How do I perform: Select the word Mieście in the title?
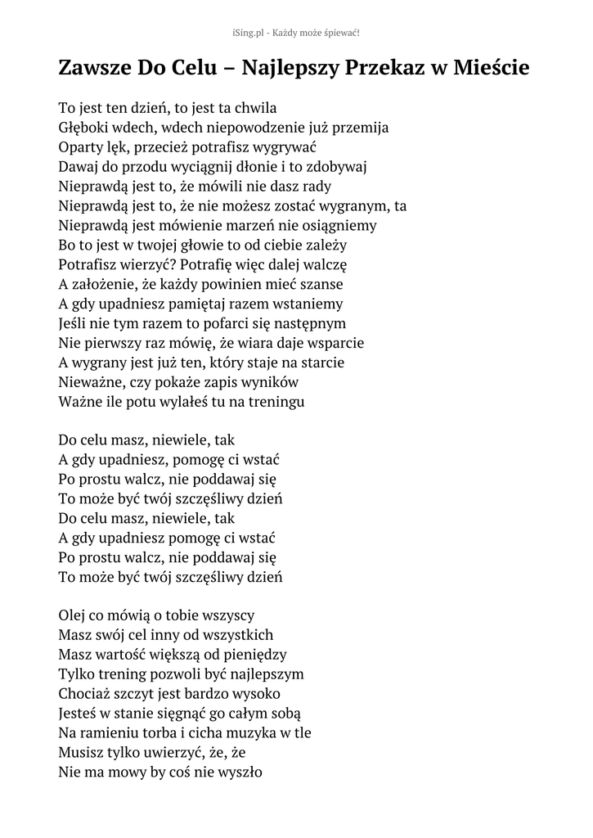[493, 68]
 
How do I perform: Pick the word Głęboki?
[86, 127]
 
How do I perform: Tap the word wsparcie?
[332, 343]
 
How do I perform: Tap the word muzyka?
[247, 732]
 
